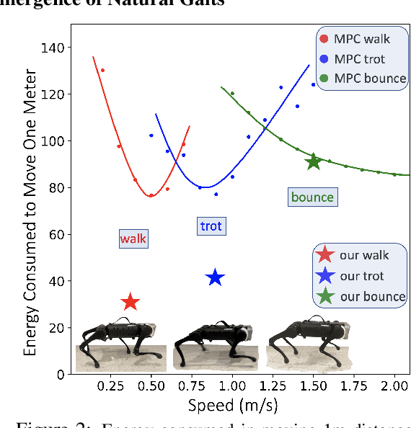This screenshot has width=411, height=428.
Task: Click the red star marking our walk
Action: (131, 303)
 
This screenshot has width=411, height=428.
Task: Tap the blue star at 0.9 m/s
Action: (215, 277)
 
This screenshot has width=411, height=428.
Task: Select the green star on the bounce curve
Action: (313, 161)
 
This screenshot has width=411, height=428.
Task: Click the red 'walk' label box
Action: (133, 238)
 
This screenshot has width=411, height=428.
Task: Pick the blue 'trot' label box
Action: (211, 226)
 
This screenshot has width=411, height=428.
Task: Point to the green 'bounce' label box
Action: (312, 197)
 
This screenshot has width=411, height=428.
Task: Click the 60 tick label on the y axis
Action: (58, 234)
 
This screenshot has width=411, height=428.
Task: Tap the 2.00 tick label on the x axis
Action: (394, 386)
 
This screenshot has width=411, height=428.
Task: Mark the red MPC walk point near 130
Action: (102, 71)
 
